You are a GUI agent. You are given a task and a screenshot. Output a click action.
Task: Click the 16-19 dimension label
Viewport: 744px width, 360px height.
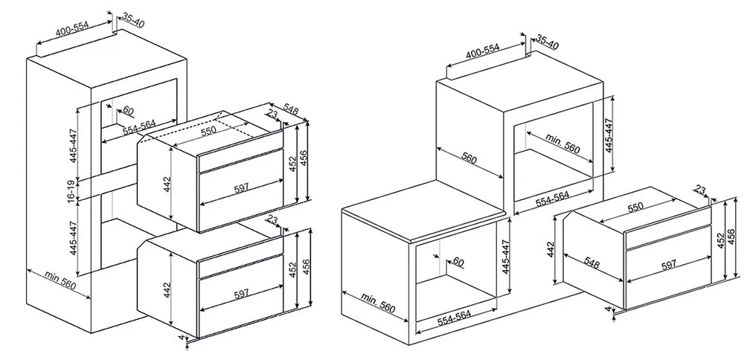coord(71,191)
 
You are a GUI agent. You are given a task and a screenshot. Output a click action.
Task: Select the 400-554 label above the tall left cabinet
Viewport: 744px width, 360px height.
coord(72,29)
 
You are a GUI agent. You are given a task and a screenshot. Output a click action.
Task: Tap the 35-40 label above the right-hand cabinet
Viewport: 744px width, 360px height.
coord(547,42)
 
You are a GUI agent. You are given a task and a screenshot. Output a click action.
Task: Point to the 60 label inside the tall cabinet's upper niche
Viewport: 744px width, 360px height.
coord(128,111)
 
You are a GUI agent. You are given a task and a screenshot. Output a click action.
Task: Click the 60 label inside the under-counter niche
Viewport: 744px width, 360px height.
coord(458,261)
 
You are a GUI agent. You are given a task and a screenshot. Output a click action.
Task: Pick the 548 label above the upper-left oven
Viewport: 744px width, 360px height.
coord(290,109)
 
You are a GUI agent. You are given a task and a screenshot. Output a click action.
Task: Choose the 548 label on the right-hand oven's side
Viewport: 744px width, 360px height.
coord(591,263)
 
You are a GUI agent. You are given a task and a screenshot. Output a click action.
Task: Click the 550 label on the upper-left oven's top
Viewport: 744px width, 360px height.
coord(208,131)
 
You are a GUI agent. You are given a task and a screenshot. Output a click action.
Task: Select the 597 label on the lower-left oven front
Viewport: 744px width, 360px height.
coord(241,294)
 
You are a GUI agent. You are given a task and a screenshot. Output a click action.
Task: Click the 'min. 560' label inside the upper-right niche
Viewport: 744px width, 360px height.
coord(562,143)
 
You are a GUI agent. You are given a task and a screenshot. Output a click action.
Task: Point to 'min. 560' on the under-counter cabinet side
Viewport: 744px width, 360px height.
coord(378,303)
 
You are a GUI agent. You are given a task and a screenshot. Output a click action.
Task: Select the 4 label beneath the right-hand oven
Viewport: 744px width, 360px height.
coord(608,309)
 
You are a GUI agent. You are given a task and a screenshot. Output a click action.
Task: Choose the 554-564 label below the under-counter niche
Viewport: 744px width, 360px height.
coord(454,318)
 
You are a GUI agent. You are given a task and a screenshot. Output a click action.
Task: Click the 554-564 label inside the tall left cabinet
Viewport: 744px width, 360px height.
coord(139,126)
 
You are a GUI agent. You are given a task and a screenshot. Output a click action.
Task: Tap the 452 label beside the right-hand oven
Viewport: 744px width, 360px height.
coord(721,240)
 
